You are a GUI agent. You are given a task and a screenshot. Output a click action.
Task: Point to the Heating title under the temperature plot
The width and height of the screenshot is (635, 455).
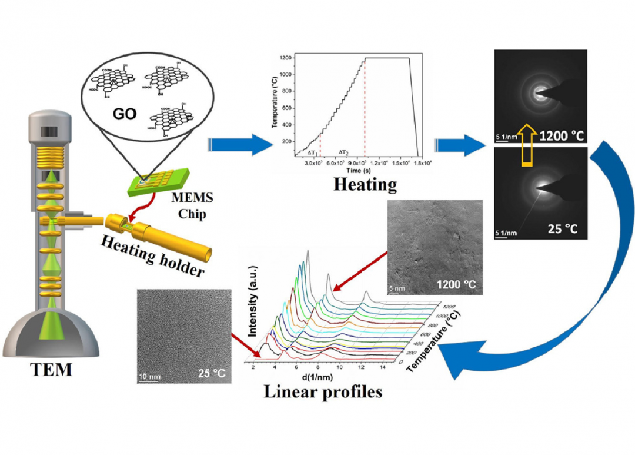pos(364,185)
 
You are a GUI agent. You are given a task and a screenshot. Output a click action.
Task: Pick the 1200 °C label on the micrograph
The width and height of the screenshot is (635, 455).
pos(456,285)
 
